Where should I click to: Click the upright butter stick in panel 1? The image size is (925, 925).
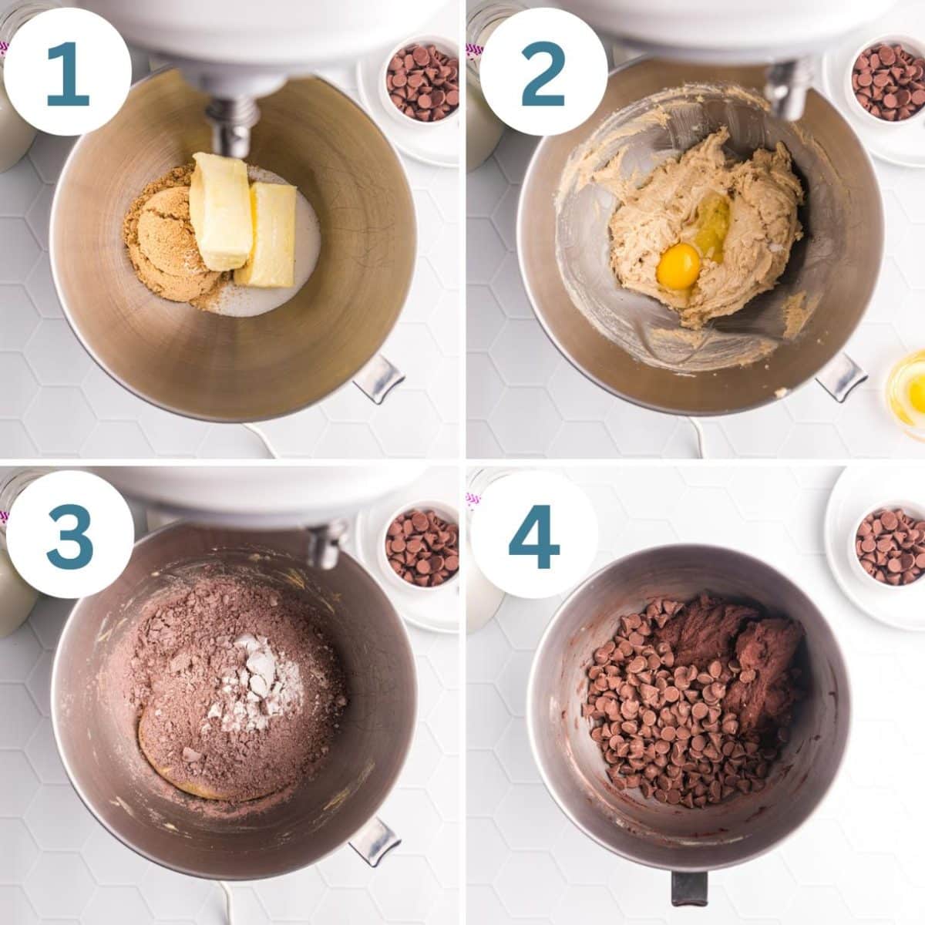[x=221, y=210]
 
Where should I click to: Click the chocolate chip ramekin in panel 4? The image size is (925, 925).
[x=889, y=546]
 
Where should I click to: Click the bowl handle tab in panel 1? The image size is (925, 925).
[x=378, y=378]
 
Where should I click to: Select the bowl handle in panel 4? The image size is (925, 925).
[x=688, y=886]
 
